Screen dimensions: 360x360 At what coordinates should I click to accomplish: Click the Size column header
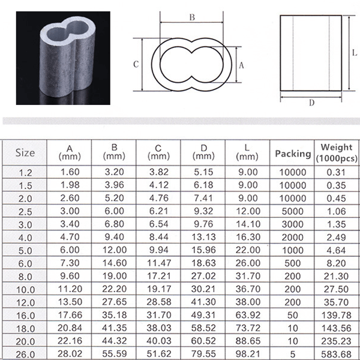point(25,152)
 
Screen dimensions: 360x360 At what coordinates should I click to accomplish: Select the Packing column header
point(292,154)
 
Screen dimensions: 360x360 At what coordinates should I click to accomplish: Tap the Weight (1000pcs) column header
point(337,152)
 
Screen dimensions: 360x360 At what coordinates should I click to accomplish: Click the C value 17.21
point(158,276)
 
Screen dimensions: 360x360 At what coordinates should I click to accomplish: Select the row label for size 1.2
point(25,172)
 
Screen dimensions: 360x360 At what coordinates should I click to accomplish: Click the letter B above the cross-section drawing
point(192,17)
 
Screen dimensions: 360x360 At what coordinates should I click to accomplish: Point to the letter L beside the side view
point(355,53)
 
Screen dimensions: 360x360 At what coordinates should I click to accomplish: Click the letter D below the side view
point(311,102)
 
